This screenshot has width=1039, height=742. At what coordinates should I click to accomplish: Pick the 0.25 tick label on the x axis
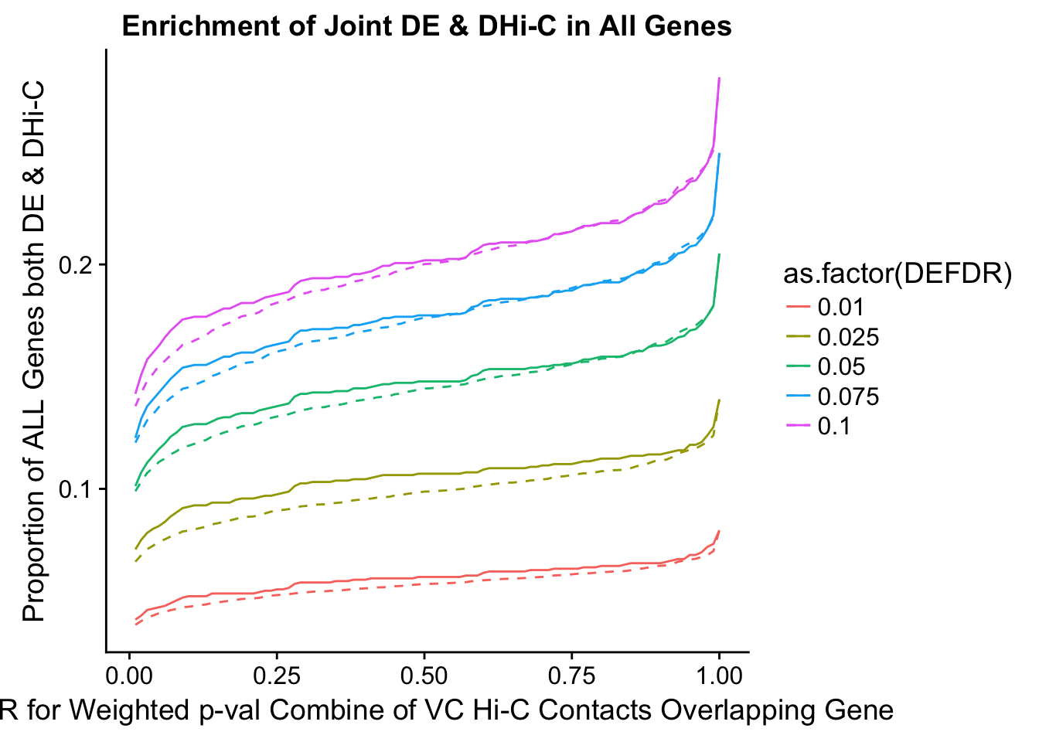pos(277,676)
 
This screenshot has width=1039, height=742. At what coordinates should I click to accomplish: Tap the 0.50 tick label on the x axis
pos(424,676)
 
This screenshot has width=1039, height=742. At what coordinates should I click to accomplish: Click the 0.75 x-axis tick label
pos(571,676)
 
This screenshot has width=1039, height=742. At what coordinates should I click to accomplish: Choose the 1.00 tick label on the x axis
pos(718,676)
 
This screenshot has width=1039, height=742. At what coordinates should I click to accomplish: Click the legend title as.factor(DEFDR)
pos(898,274)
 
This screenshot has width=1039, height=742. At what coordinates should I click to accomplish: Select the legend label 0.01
pos(840,308)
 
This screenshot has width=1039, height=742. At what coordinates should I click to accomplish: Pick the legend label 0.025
pos(848,337)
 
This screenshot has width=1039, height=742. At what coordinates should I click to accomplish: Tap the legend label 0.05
pos(840,367)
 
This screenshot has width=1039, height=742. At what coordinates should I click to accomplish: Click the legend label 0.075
pos(848,397)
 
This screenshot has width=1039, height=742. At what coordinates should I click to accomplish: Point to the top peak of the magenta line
pos(719,79)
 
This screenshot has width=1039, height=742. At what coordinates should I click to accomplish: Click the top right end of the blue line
pos(719,155)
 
